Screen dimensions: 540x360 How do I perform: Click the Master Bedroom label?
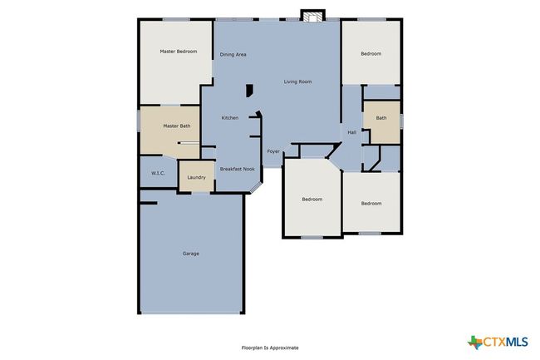point(179,52)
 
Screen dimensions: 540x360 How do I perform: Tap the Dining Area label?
point(233,54)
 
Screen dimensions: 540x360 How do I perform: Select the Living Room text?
point(297,81)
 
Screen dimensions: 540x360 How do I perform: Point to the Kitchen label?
point(229,118)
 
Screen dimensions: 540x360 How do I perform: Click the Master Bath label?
point(177,126)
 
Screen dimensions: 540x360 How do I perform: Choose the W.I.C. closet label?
point(158,173)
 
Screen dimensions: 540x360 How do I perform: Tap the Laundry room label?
point(196,177)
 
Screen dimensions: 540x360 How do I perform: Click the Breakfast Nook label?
point(238,169)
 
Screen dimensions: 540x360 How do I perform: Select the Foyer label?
point(273,151)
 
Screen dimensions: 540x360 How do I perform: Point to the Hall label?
point(351,132)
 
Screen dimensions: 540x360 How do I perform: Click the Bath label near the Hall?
point(381,118)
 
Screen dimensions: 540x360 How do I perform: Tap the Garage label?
point(191,254)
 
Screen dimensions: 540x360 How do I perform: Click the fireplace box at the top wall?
point(312,16)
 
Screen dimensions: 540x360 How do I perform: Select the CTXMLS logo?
point(498,342)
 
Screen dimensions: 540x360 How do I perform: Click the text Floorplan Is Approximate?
point(270,348)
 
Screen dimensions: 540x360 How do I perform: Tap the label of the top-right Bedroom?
point(371,54)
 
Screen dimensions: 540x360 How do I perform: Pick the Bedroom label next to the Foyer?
point(312,199)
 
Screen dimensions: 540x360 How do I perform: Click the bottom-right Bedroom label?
point(371,203)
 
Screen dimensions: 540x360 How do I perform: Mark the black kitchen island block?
point(249,91)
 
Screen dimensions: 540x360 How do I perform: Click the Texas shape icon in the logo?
point(475,342)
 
